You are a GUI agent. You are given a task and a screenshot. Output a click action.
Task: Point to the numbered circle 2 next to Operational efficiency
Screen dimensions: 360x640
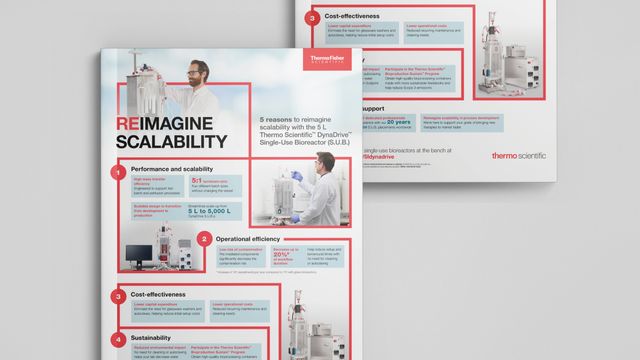[x=204, y=239]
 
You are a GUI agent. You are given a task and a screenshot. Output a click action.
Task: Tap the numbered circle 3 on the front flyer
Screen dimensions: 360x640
[x=118, y=297]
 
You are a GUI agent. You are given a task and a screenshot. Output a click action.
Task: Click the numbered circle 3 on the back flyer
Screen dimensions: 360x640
[x=315, y=18]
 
